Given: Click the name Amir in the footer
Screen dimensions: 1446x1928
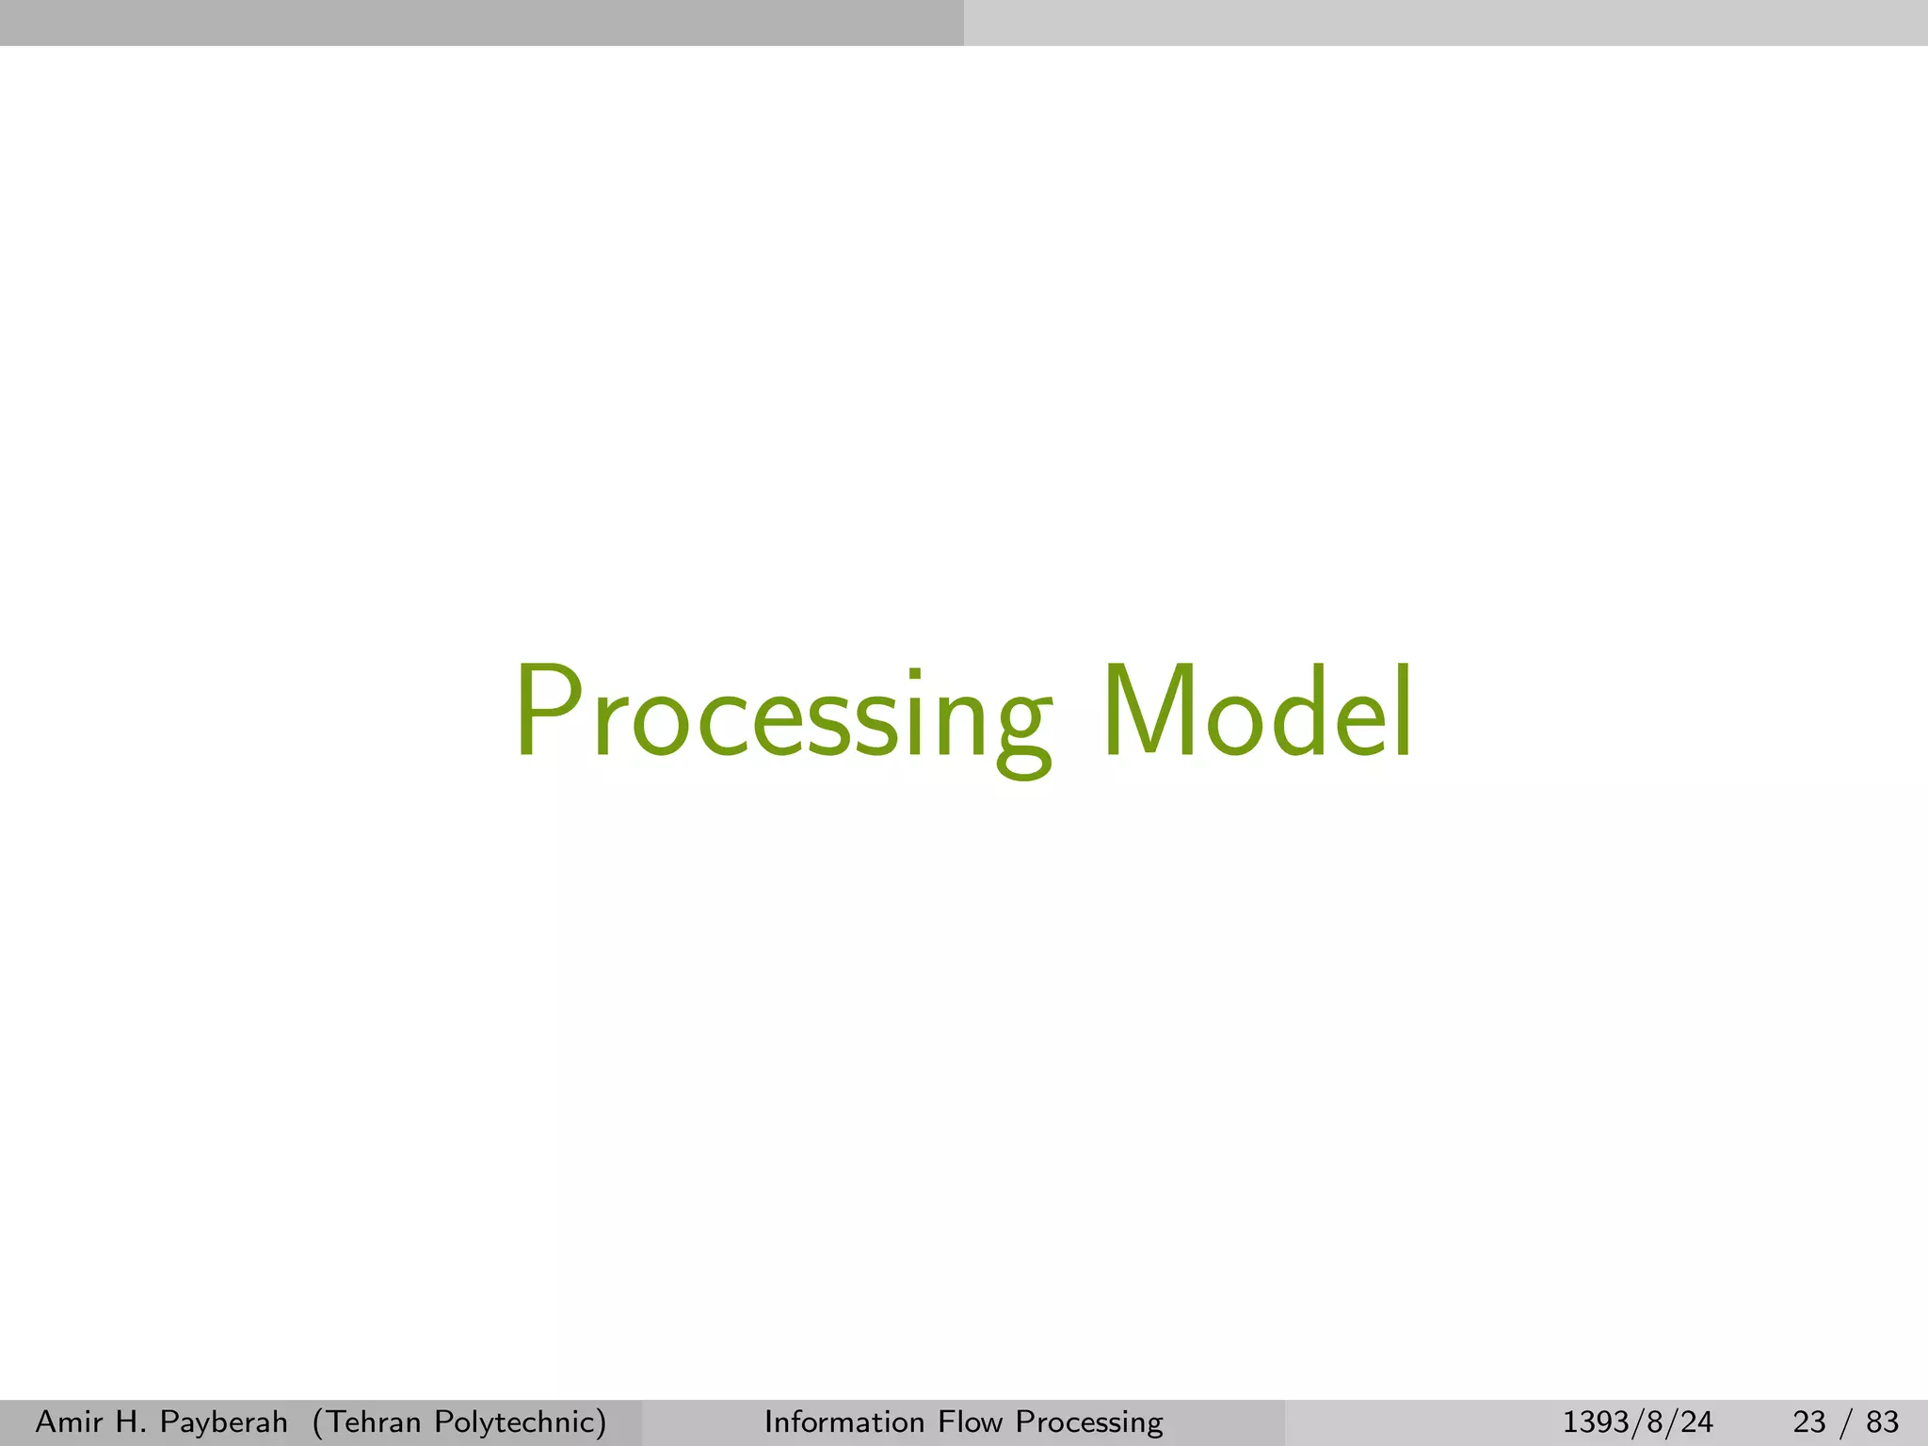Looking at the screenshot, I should pyautogui.click(x=66, y=1422).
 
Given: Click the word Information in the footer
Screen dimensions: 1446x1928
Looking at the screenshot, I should pyautogui.click(x=844, y=1422).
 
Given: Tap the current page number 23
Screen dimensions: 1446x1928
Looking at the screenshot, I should pyautogui.click(x=1810, y=1422).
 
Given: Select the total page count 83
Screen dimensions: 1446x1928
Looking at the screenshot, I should pyautogui.click(x=1882, y=1422).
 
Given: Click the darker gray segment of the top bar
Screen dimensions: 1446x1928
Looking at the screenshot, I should pyautogui.click(x=482, y=23).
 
